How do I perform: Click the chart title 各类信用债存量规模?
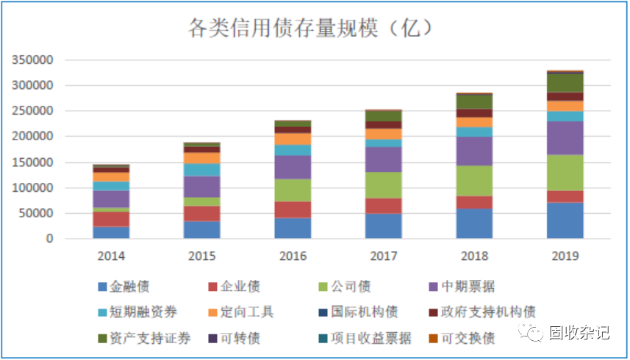tap(309, 28)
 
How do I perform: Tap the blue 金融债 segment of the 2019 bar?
tap(565, 220)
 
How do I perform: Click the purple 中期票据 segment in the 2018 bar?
tap(474, 151)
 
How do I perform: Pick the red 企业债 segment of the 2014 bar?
tap(111, 219)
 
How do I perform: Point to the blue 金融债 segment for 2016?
tap(293, 228)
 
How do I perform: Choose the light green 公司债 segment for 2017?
tap(384, 185)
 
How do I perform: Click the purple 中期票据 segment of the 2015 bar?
tap(202, 187)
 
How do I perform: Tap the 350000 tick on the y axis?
tap(32, 60)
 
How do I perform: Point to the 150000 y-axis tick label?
tap(32, 162)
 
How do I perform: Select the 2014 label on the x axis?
tap(111, 256)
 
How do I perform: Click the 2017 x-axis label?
tap(384, 256)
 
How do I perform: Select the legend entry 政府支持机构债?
tap(489, 312)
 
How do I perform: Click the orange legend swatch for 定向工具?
tap(213, 312)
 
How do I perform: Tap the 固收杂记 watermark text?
tap(579, 333)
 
